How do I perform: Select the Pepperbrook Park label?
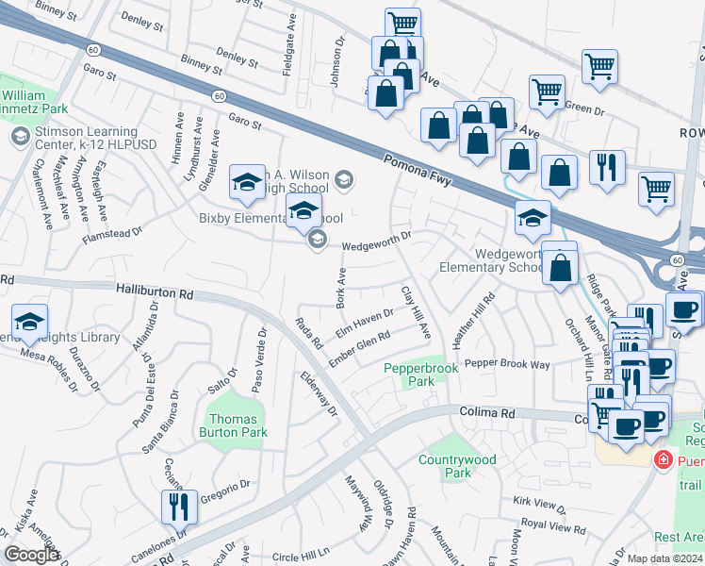(x=420, y=375)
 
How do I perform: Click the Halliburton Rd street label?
(x=155, y=292)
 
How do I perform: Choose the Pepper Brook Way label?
(x=506, y=363)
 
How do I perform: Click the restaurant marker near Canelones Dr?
(x=176, y=507)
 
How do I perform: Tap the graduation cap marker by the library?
(x=29, y=324)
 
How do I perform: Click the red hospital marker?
(x=663, y=459)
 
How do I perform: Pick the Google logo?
(x=31, y=555)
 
